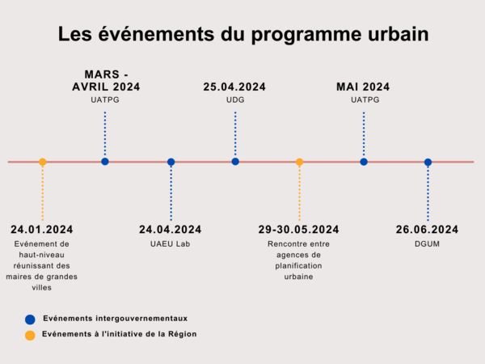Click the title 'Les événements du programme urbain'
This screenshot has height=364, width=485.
242,35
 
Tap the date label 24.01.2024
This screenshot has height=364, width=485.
42,230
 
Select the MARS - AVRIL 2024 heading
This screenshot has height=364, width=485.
105,80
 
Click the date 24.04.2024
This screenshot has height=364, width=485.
171,230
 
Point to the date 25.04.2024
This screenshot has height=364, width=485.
234,87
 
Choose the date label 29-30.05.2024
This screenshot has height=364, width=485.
298,230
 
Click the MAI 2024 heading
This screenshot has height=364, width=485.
363,87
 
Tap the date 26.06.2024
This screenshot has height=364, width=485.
427,230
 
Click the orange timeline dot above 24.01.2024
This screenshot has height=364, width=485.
42,162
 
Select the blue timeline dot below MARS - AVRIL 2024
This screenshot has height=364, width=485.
105,162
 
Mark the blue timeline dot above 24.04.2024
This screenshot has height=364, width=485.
171,162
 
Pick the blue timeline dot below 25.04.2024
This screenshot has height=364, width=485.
235,162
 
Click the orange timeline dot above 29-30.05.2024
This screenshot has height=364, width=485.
299,162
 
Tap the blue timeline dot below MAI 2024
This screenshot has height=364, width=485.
364,162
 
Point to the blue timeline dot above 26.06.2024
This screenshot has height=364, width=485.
428,162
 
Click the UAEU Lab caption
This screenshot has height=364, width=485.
171,243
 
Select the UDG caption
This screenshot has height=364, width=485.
234,99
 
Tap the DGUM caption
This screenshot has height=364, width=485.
427,243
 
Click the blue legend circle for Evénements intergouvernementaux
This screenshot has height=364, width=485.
30,320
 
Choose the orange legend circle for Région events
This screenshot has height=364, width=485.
30,335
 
